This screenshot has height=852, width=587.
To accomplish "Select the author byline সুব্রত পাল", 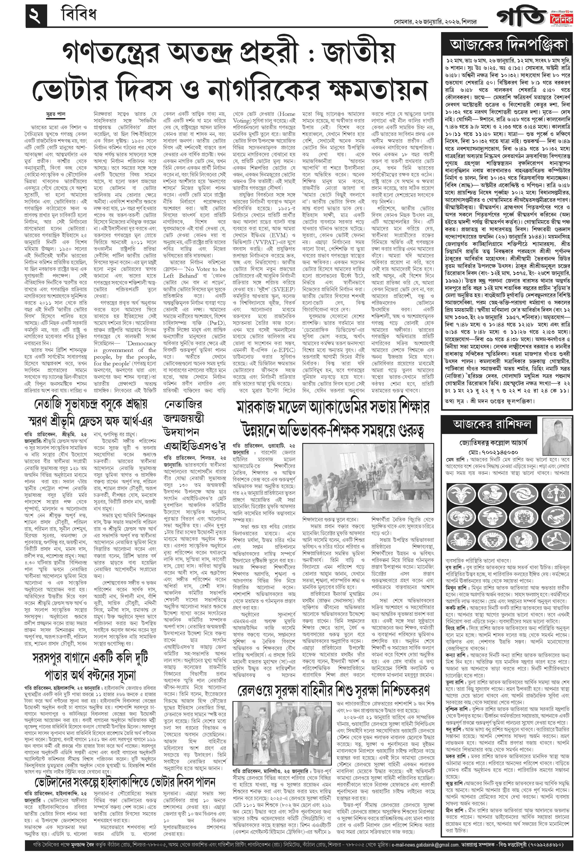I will click(55, 114).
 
